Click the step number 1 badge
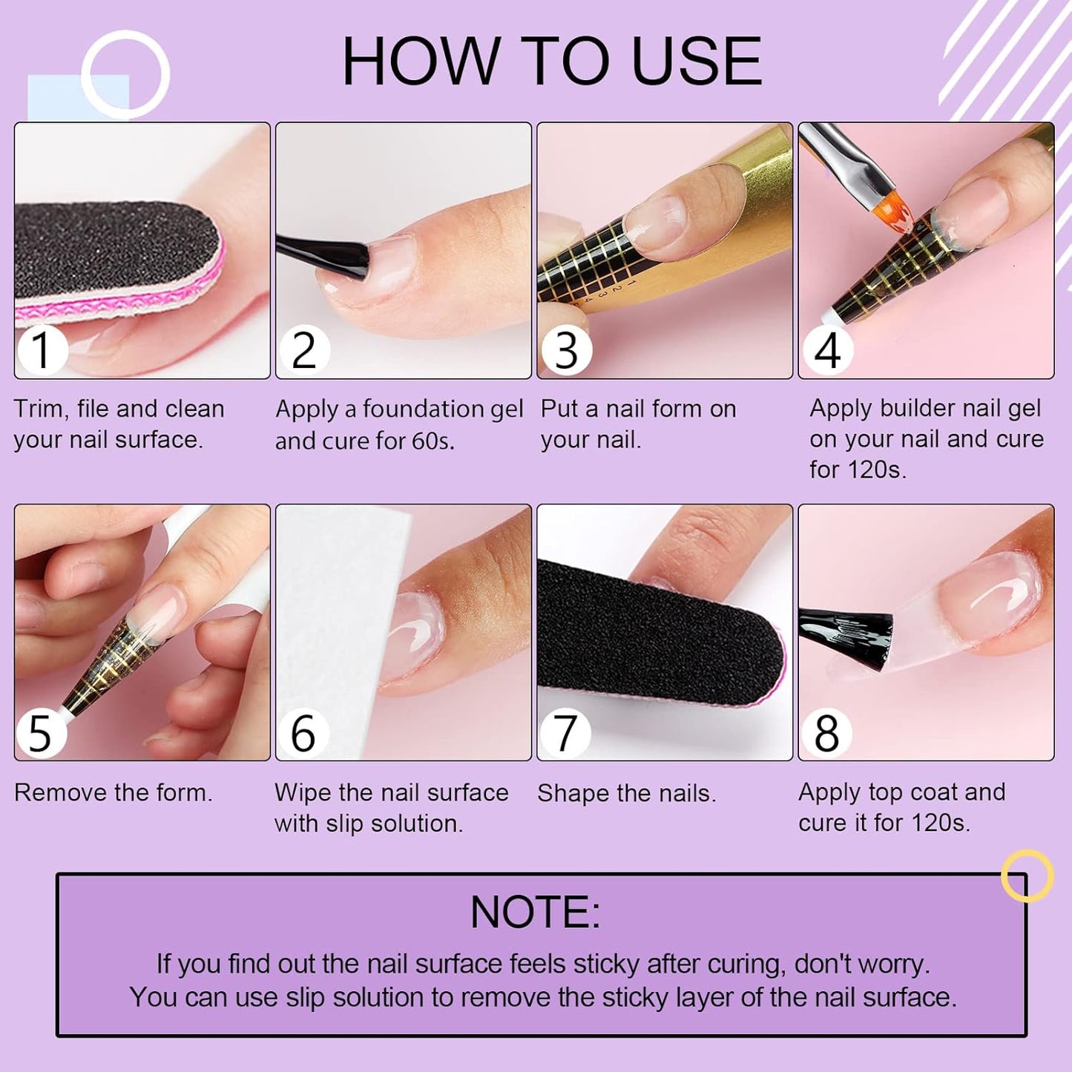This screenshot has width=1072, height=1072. point(42,349)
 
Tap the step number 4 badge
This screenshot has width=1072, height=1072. point(826,350)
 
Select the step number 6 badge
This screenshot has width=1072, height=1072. point(303,733)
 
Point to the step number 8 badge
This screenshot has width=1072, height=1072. point(826,733)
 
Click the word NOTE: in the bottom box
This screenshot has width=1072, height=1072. point(535,912)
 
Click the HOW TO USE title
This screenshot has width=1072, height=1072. point(551,62)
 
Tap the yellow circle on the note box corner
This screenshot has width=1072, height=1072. point(1027,875)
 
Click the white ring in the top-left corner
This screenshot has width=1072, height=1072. point(125,74)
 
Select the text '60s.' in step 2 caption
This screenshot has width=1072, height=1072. point(433,441)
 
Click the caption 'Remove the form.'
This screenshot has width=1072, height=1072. point(114,792)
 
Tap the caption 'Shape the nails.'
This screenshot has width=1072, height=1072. point(626,793)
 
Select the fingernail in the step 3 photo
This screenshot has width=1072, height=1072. point(657,219)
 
